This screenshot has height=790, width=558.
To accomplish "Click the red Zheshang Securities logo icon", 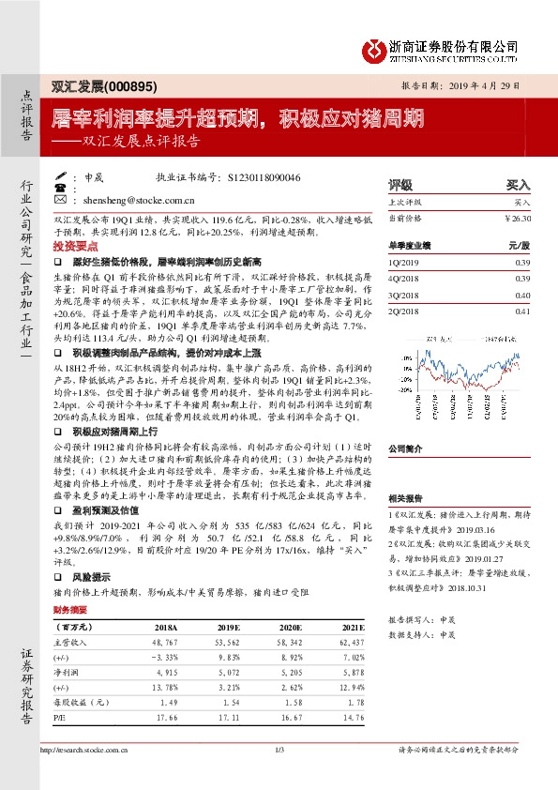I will [x=375, y=50].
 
